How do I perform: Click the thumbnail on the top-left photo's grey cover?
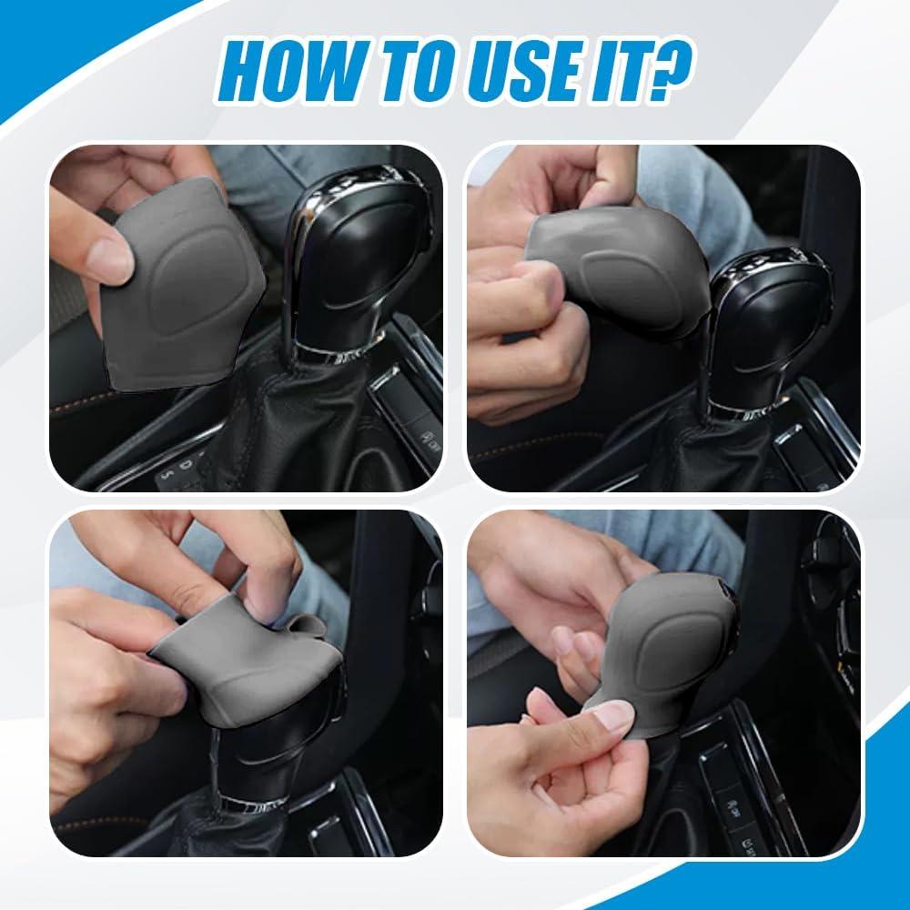109,261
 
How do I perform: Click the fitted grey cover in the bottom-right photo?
662,656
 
